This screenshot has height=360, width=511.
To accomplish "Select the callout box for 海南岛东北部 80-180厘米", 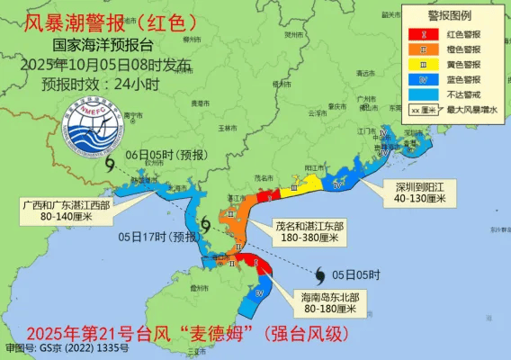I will (327, 303).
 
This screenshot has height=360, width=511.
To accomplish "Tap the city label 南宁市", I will (134, 114).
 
